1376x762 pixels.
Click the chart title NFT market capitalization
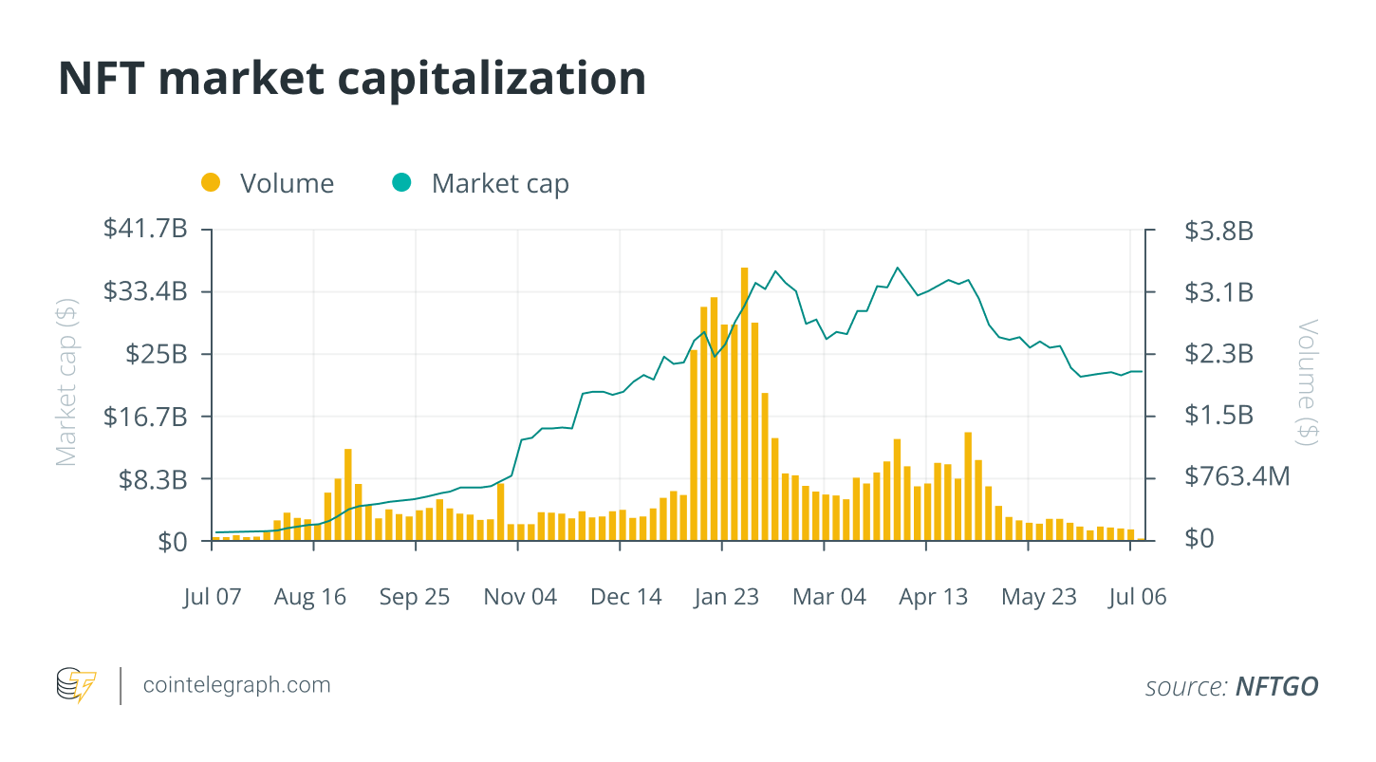[x=352, y=79]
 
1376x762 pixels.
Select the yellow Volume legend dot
[x=211, y=182]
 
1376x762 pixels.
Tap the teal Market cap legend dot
[x=402, y=182]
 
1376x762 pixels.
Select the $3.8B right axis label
[x=1218, y=230]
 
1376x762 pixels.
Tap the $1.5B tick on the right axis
[x=1218, y=415]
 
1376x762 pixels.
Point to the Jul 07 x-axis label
[x=213, y=597]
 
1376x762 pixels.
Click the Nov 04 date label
[x=520, y=597]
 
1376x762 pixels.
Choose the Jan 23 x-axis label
[x=726, y=597]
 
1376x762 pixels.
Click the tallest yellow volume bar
[x=745, y=403]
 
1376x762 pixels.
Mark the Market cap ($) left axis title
[x=66, y=383]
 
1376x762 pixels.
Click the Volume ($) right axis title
[x=1309, y=381]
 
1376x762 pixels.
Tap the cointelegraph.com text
[x=236, y=684]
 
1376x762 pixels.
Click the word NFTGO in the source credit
[x=1276, y=686]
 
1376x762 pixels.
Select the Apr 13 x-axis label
[x=934, y=597]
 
